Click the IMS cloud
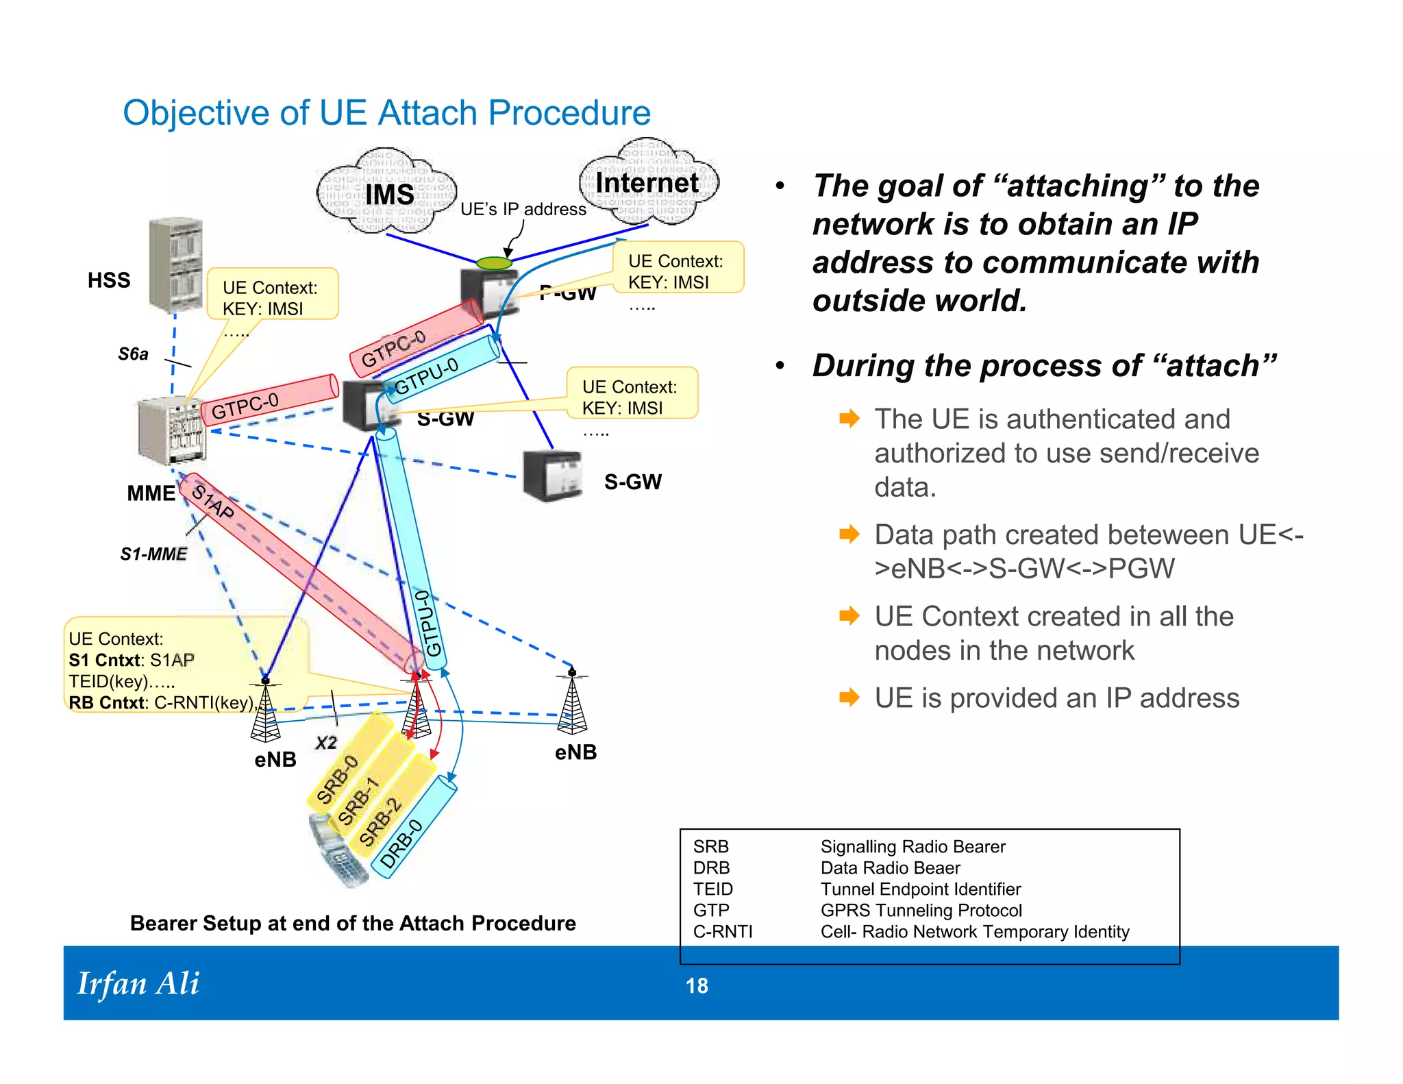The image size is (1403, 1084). pyautogui.click(x=387, y=193)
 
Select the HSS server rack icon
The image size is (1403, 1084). pyautogui.click(x=176, y=265)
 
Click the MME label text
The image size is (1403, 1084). pyautogui.click(x=151, y=493)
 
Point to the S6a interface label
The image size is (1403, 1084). pyautogui.click(x=133, y=354)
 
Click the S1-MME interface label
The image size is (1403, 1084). pyautogui.click(x=153, y=554)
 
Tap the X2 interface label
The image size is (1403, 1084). pyautogui.click(x=326, y=743)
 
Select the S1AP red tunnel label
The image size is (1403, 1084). pyautogui.click(x=212, y=502)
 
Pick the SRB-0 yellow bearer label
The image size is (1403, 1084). pyautogui.click(x=337, y=779)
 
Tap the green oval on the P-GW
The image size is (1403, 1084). pyautogui.click(x=494, y=263)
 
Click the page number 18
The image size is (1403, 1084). pyautogui.click(x=697, y=986)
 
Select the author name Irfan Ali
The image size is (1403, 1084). pyautogui.click(x=138, y=984)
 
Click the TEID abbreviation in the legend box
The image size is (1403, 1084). pyautogui.click(x=712, y=889)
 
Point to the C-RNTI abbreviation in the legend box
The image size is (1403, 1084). pyautogui.click(x=723, y=932)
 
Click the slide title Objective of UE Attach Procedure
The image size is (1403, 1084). pyautogui.click(x=386, y=112)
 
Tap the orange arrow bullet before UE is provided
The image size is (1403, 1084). pyautogui.click(x=849, y=698)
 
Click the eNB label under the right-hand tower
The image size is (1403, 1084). pyautogui.click(x=575, y=752)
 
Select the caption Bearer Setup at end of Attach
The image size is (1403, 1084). pyautogui.click(x=353, y=923)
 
